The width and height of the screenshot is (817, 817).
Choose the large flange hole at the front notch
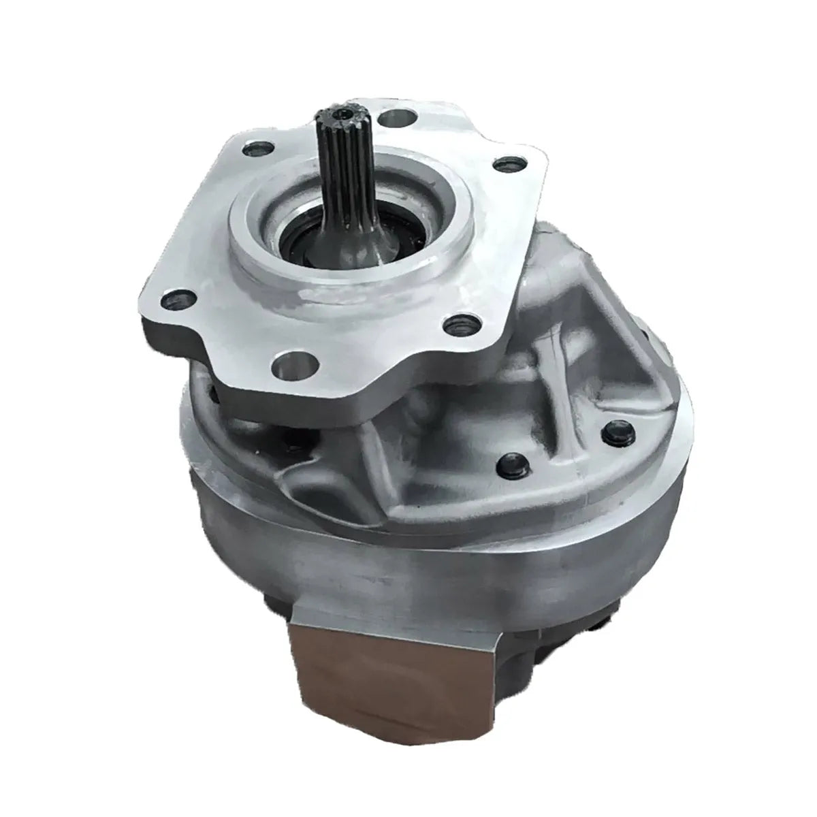(x=289, y=370)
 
